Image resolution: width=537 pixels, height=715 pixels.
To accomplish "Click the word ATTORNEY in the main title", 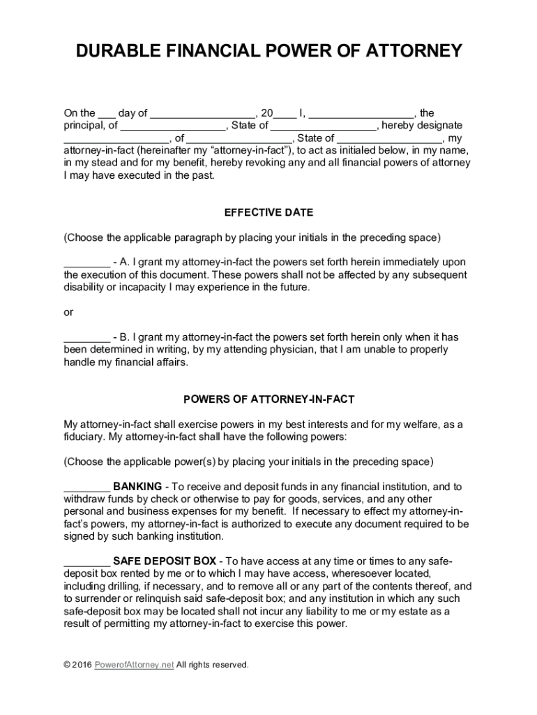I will coord(405,51).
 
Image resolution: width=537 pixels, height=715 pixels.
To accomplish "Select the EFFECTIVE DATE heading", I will coord(268,212).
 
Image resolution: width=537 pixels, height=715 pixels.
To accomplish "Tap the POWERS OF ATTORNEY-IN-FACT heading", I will coord(268,399).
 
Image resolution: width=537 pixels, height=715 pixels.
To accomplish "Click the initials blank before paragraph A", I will coord(86,264).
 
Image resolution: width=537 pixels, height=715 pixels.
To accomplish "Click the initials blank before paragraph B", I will coord(86,339).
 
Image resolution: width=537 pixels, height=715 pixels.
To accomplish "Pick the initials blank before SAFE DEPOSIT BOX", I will coord(86,563).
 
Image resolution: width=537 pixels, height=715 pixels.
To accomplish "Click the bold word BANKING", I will coord(137,486).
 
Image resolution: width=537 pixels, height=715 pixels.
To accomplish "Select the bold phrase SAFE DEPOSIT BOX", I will coord(165,561).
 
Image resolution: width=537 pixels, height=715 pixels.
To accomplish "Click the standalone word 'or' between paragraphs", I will coord(68,312).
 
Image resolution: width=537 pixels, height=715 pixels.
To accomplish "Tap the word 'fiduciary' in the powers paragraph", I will coord(84,436).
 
